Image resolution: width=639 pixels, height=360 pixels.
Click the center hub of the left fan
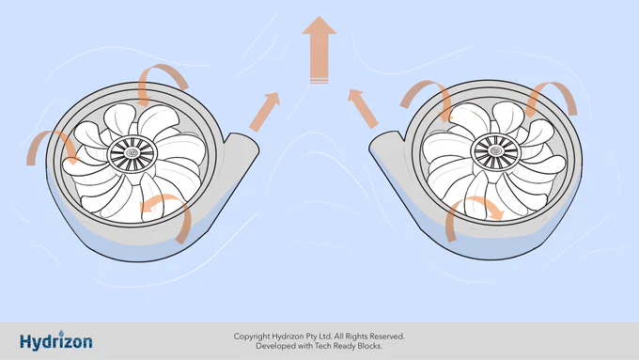pyautogui.click(x=132, y=153)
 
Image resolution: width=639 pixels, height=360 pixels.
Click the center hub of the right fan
pyautogui.click(x=495, y=150)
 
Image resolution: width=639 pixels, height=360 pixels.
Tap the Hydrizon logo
pyautogui.click(x=56, y=341)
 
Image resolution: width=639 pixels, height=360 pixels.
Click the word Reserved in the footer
pyautogui.click(x=387, y=337)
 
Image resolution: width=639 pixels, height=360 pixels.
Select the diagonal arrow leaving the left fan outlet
pyautogui.click(x=265, y=112)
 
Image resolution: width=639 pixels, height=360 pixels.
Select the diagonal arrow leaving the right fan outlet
pyautogui.click(x=363, y=109)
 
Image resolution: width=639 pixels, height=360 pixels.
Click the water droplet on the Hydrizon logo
pyautogui.click(x=61, y=333)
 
